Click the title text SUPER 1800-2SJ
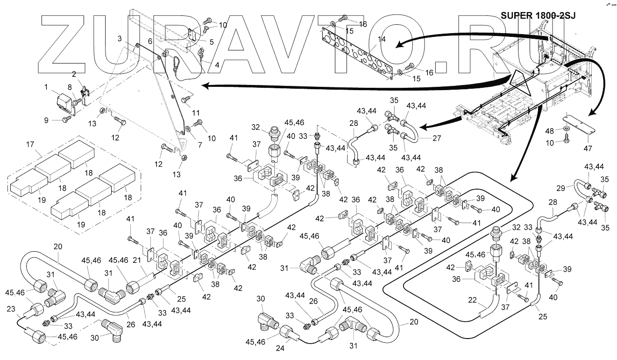(538, 15)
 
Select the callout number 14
(382, 39)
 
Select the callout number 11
(196, 113)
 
